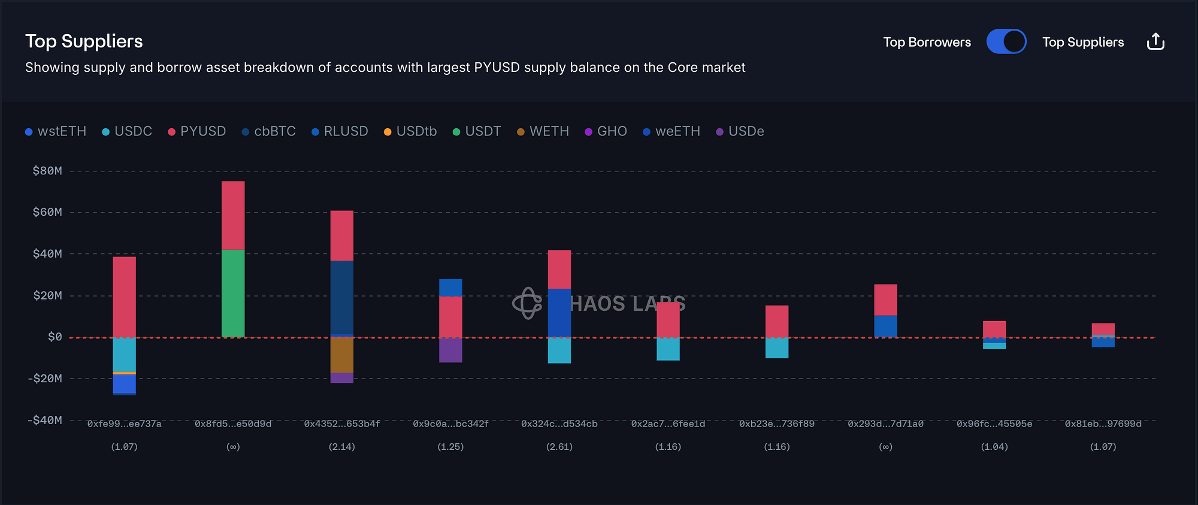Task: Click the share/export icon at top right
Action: click(x=1155, y=42)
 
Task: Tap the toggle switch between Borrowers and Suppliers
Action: click(x=1006, y=42)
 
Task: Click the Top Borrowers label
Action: click(x=927, y=43)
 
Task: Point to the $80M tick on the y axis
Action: click(x=47, y=171)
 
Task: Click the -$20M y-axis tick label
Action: click(x=45, y=379)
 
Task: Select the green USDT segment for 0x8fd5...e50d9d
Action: click(x=233, y=293)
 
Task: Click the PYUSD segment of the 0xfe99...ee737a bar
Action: click(x=125, y=297)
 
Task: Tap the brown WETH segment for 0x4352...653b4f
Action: click(x=342, y=355)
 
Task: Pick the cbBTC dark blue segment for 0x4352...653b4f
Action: click(x=342, y=297)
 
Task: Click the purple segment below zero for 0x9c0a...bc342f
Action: click(x=450, y=350)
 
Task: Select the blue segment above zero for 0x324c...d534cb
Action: click(x=559, y=313)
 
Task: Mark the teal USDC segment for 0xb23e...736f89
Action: click(x=777, y=348)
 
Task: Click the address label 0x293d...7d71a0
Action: click(x=885, y=424)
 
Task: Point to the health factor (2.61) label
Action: click(x=559, y=447)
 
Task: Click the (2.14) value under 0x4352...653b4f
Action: click(x=342, y=447)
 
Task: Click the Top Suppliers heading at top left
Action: click(x=84, y=41)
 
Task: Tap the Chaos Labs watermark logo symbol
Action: click(x=527, y=303)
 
